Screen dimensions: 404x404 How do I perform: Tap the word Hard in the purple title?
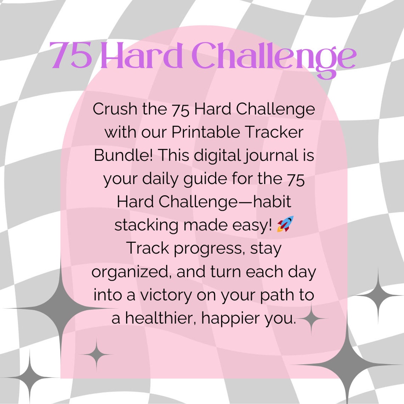142,56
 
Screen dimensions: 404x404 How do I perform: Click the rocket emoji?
286,224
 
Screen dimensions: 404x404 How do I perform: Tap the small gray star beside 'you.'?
312,319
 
